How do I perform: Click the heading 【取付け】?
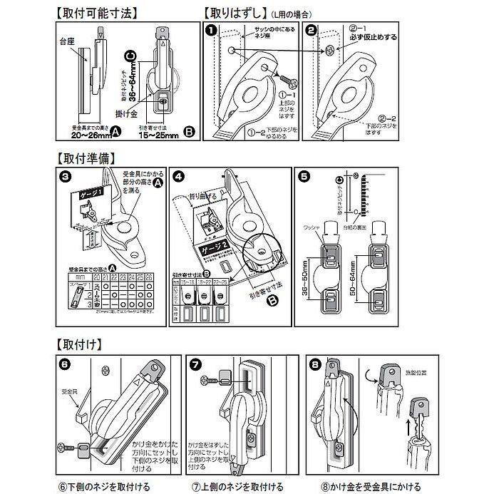[77, 342]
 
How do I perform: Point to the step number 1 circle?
[211, 31]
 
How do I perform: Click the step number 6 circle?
[65, 363]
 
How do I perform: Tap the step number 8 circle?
[315, 363]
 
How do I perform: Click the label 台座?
[67, 43]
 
